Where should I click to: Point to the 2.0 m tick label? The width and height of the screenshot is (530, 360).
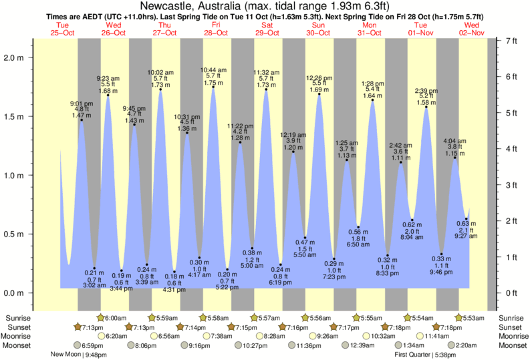pyautogui.click(x=14, y=57)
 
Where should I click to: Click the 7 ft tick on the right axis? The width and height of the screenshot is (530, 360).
pyautogui.click(x=511, y=41)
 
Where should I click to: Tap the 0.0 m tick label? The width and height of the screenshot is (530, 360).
pyautogui.click(x=14, y=293)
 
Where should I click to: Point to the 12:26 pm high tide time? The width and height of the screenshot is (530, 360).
pyautogui.click(x=319, y=77)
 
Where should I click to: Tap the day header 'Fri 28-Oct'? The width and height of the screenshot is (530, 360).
pyautogui.click(x=215, y=29)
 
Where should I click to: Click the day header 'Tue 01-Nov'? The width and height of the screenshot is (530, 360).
pyautogui.click(x=420, y=29)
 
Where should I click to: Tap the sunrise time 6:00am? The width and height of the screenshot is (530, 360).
pyautogui.click(x=118, y=317)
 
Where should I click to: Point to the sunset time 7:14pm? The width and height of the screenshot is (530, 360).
pyautogui.click(x=194, y=327)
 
